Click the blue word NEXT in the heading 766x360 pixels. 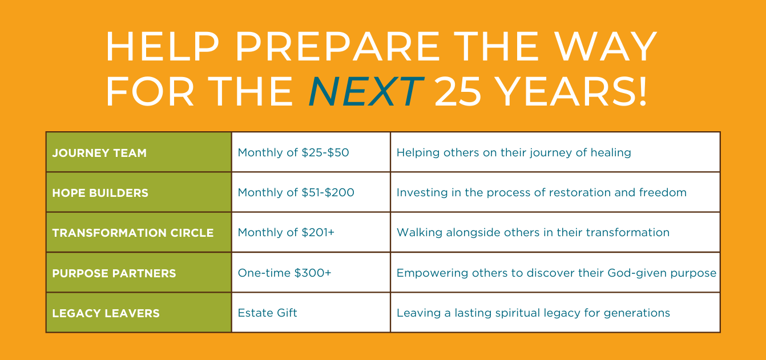366,92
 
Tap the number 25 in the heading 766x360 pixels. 458,92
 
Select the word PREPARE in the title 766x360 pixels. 337,46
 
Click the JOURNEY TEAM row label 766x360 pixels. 99,153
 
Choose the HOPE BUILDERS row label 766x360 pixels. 100,193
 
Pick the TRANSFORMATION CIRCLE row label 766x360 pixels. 132,233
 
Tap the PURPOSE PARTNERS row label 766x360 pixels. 114,273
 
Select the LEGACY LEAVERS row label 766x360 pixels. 106,313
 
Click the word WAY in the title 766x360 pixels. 605,46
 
